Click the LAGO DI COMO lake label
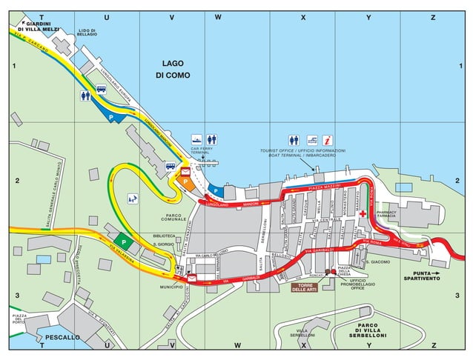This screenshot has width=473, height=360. click(173, 70)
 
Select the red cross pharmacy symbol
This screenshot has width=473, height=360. click(363, 213)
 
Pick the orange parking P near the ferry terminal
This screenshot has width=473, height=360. click(184, 181)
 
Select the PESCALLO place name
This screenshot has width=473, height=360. click(63, 337)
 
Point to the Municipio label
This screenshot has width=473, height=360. click(171, 287)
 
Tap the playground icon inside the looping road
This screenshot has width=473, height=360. click(133, 198)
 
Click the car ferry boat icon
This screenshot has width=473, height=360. click(197, 139)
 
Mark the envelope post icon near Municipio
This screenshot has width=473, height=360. click(192, 278)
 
